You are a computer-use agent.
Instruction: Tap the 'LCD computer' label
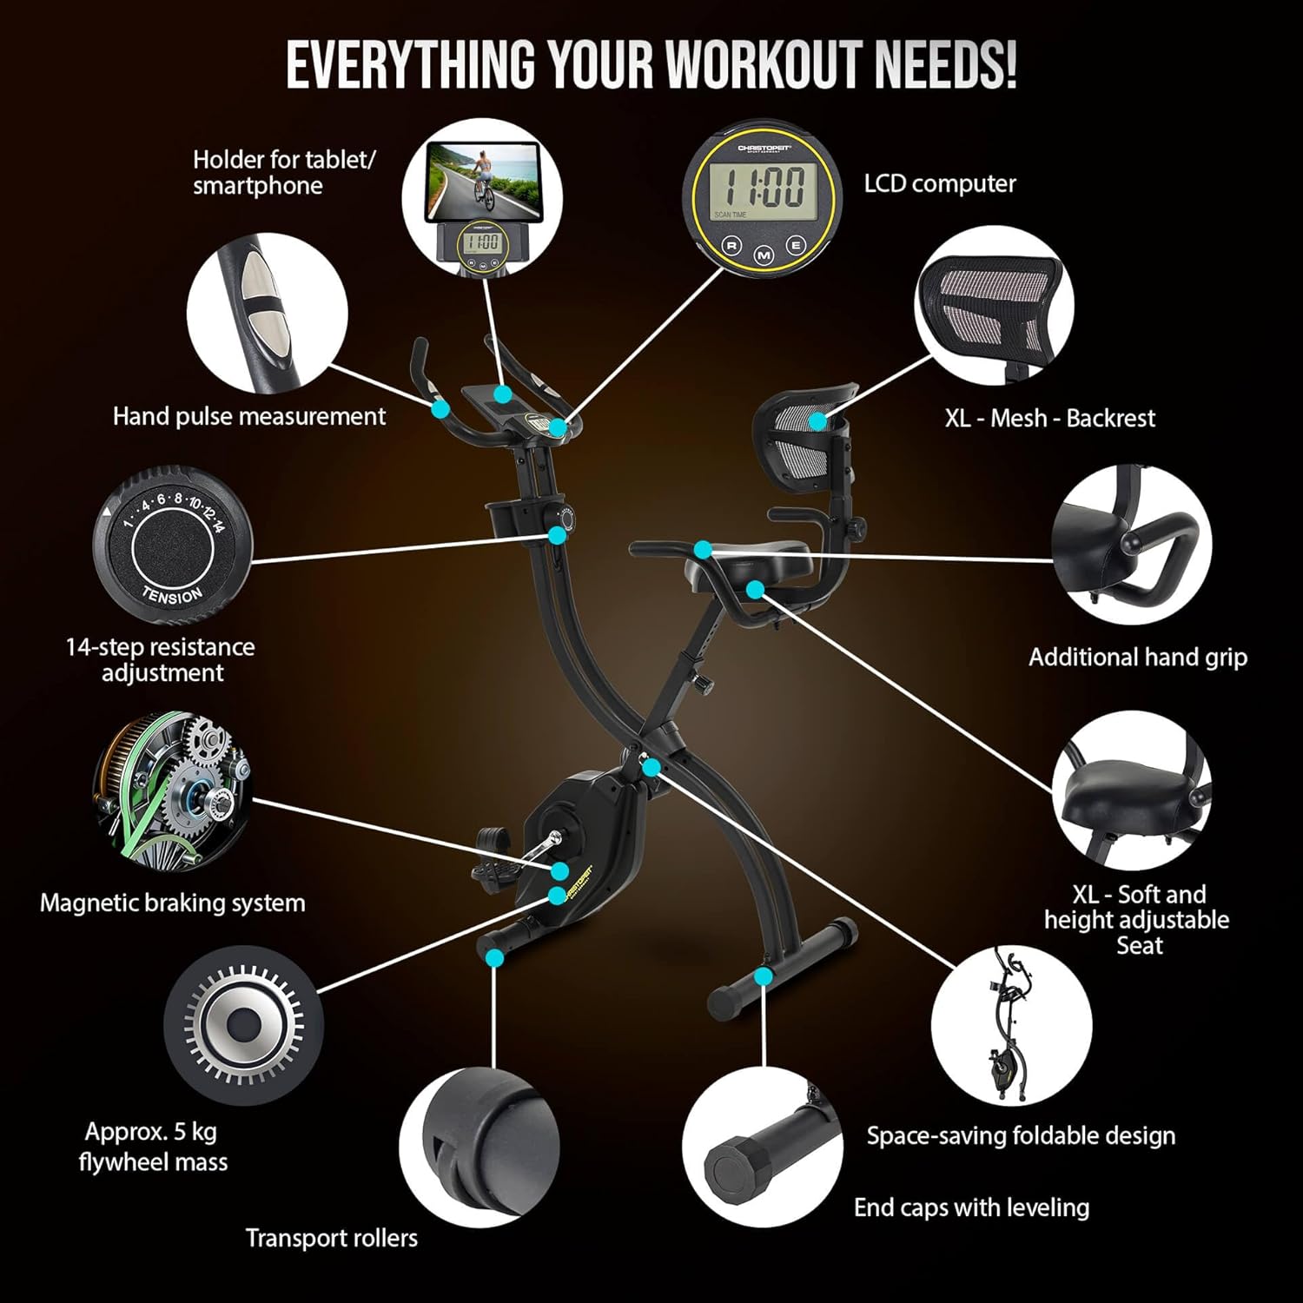click(940, 184)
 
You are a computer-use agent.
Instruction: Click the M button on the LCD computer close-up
click(764, 255)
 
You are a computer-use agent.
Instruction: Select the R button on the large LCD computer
click(731, 245)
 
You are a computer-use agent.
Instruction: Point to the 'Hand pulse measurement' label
click(249, 417)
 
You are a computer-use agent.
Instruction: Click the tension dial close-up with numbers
click(173, 545)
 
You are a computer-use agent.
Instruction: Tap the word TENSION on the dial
click(173, 596)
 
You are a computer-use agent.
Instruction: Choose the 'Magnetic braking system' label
click(173, 903)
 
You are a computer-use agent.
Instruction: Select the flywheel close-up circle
click(243, 1026)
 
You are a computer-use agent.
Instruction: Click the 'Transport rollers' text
click(332, 1238)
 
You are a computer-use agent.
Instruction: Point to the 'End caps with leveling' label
click(971, 1207)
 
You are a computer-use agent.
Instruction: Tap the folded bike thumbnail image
click(1011, 1025)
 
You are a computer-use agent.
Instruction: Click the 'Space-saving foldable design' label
click(1021, 1136)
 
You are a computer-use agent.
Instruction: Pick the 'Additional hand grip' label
click(1138, 658)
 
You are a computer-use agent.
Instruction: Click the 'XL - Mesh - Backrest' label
click(1050, 419)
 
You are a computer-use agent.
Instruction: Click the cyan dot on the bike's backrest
click(818, 421)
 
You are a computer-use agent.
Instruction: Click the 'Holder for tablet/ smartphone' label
click(284, 173)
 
